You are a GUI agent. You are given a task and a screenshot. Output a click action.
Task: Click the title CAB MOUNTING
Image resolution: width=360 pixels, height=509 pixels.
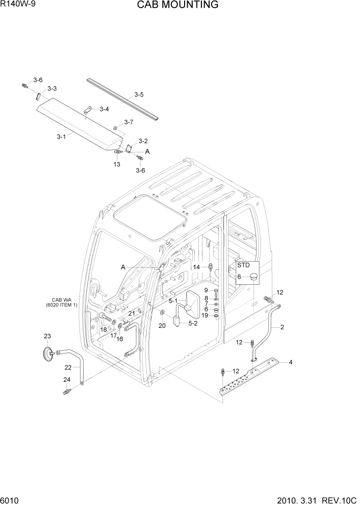point(177,5)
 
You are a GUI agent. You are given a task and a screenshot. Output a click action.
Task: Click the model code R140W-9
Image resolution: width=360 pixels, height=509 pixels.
point(17,5)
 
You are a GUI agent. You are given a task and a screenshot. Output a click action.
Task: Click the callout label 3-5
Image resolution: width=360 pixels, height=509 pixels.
point(139,94)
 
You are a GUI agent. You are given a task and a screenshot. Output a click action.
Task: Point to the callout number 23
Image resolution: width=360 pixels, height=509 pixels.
point(48,336)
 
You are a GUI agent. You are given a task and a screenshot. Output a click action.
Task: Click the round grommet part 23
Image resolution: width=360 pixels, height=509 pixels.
point(48,354)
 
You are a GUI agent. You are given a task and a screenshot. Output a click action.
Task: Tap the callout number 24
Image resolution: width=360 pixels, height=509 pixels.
point(67,380)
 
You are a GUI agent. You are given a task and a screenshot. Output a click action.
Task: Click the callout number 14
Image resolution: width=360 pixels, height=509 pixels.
point(196,267)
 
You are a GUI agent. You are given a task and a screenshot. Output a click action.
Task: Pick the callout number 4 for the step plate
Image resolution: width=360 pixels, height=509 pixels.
point(291,363)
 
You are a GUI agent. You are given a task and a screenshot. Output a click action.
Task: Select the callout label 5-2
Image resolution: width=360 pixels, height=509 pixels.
point(192,323)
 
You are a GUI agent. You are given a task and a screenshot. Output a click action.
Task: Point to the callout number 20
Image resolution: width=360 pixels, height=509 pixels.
point(162,325)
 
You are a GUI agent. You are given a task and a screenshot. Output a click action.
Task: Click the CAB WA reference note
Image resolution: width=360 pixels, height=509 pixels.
point(64,302)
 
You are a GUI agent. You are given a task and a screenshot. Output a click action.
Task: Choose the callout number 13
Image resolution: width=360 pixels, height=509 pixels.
point(117,164)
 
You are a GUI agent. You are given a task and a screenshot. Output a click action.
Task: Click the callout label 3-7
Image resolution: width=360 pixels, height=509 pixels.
point(128,122)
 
